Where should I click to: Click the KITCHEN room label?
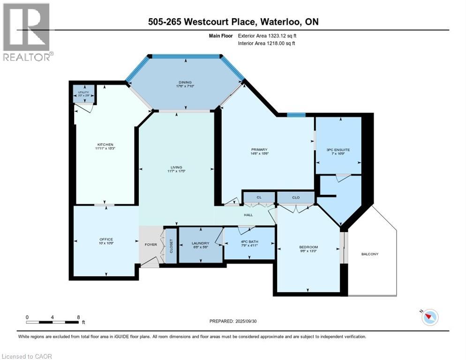105,144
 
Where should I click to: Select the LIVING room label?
176,167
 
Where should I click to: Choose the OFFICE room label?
106,240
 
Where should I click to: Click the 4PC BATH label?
248,242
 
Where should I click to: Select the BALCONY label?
369,254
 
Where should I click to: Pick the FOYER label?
150,244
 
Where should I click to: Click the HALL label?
248,215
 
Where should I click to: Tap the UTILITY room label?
83,92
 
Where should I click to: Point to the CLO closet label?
296,197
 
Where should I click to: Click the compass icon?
429,317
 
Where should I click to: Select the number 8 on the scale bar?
78,317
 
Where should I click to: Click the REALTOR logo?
27,32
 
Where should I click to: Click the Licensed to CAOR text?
26,356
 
